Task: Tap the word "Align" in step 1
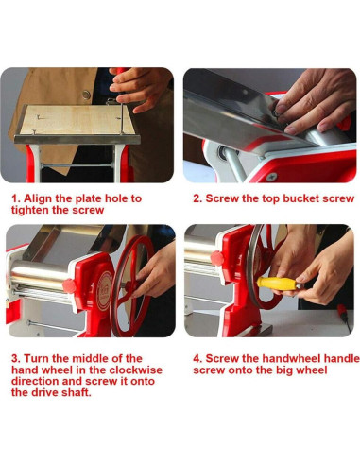pos(38,198)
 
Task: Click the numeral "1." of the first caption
pos(16,198)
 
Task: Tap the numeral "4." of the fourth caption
pos(197,358)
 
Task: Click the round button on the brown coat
pos(86,95)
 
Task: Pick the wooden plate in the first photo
pos(77,119)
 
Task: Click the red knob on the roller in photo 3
pos(69,285)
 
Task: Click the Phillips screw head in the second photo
pos(271,177)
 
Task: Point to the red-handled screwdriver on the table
pos(344,318)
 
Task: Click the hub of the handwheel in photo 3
pos(128,286)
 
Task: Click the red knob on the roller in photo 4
pos(217,258)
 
